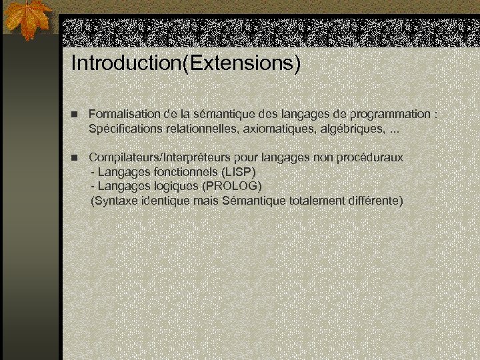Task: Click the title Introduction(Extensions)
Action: pos(186,63)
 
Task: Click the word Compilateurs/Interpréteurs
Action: pos(161,157)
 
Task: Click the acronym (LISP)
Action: pos(239,171)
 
